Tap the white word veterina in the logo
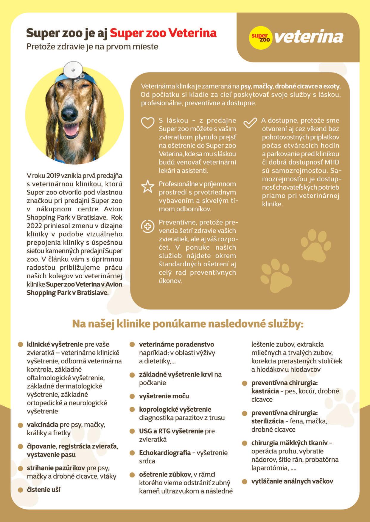click(309, 37)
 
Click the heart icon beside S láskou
click(147, 122)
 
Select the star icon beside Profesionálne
click(147, 186)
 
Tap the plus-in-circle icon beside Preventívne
click(147, 226)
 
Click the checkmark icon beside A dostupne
click(250, 122)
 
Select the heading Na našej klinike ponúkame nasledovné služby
click(188, 324)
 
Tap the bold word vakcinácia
click(42, 424)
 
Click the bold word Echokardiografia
click(165, 452)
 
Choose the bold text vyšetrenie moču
click(164, 396)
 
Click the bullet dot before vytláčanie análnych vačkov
click(245, 482)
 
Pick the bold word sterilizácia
click(267, 421)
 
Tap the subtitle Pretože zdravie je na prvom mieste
click(92, 47)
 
